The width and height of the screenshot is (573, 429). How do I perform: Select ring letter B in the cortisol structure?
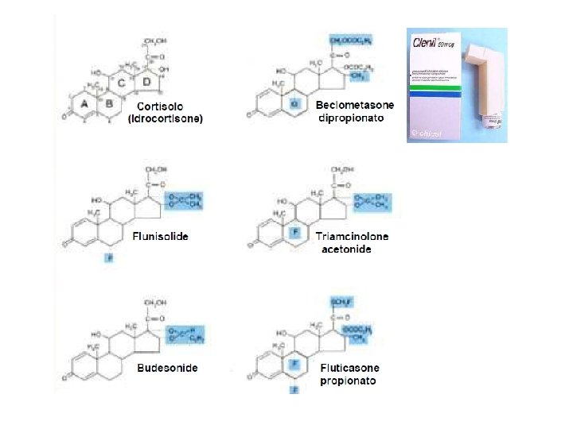109,103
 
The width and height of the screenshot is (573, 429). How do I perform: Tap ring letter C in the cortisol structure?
122,83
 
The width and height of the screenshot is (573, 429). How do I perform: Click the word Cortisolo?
160,106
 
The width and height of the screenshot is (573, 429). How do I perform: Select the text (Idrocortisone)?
166,119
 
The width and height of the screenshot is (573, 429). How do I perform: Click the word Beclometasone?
351,106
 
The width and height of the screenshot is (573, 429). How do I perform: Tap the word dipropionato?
351,118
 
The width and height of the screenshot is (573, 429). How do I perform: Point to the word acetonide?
346,249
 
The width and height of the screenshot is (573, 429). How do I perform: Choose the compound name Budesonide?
167,368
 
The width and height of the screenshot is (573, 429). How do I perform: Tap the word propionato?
349,381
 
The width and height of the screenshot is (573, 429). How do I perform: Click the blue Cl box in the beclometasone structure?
295,103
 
